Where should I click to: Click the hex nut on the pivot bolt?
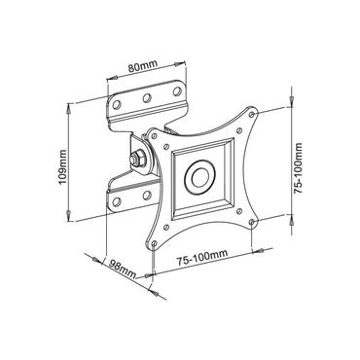(x=133, y=158)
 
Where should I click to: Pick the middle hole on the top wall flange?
(x=146, y=98)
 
